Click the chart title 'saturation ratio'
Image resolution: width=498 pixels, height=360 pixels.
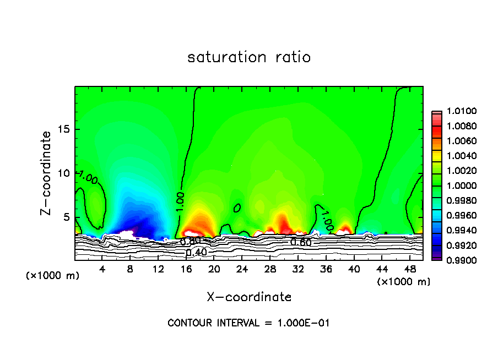click(x=249, y=57)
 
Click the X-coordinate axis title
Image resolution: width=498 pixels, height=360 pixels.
click(x=249, y=297)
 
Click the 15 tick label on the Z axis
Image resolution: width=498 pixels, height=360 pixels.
click(x=64, y=129)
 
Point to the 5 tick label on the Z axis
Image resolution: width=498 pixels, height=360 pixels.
click(x=67, y=217)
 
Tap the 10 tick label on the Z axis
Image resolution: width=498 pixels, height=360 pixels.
click(x=64, y=173)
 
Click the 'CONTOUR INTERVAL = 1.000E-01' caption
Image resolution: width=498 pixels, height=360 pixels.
click(x=248, y=323)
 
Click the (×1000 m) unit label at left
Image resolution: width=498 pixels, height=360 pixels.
click(x=53, y=276)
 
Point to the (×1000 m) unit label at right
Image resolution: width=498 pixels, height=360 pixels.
click(x=404, y=282)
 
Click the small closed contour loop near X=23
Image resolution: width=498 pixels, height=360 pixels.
click(x=237, y=208)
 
